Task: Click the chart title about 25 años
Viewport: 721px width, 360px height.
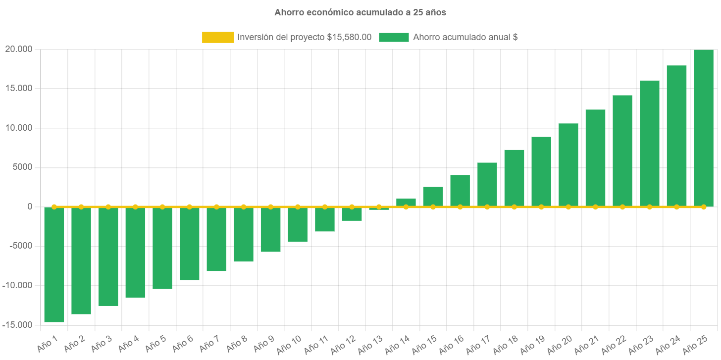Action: [360, 13]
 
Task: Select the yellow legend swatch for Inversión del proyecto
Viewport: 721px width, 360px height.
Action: [218, 37]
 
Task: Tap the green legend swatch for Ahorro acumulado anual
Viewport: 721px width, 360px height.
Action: [394, 37]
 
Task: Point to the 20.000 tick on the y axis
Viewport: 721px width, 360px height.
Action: [18, 49]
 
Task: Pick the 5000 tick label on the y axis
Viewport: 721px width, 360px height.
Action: [23, 167]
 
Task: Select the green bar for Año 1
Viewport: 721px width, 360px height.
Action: [54, 264]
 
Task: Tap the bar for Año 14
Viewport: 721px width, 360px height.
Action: [406, 202]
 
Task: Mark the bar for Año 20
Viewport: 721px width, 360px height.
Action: [568, 165]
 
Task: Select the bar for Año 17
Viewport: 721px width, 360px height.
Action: [487, 184]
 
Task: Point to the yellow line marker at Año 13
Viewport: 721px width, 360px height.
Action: [379, 206]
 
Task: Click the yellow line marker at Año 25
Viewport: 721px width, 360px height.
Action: [703, 206]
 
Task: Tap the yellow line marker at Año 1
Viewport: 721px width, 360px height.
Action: [54, 206]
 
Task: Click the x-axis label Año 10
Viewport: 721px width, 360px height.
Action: [289, 344]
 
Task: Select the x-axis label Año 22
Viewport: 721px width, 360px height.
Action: [614, 344]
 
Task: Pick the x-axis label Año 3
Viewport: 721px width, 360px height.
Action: [101, 343]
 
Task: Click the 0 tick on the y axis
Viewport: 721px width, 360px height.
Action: [30, 206]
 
